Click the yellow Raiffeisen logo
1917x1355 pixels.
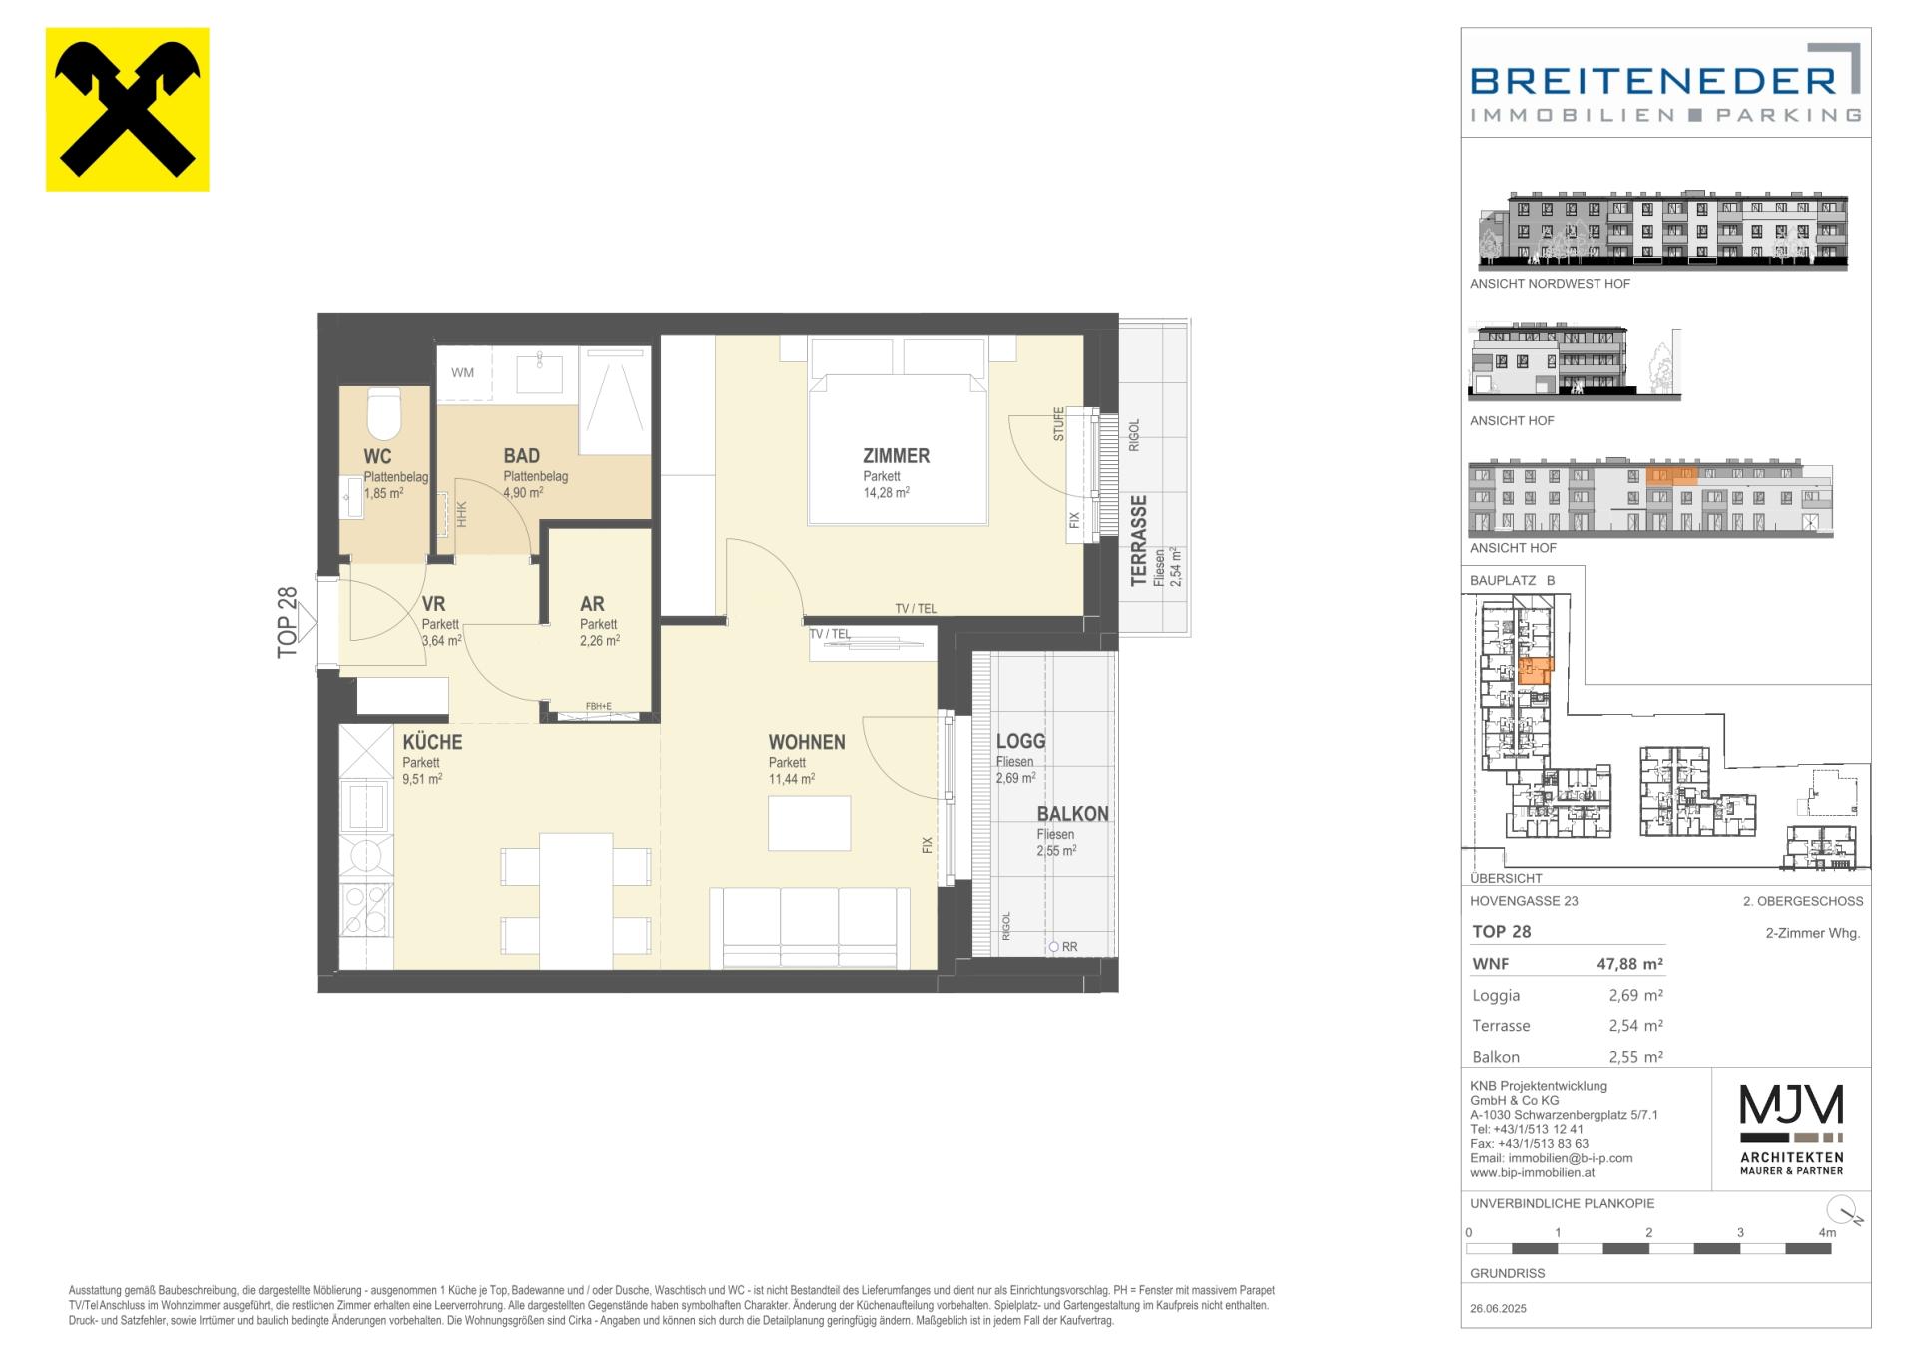pos(127,109)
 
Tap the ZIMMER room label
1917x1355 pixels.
pos(896,456)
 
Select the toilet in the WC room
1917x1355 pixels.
pos(384,413)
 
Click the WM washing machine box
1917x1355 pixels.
pos(462,373)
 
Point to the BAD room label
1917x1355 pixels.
pos(521,456)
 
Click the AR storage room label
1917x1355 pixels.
pos(592,604)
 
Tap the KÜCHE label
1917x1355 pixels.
pos(432,742)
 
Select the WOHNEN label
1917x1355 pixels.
pos(807,742)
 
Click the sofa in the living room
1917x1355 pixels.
pos(810,927)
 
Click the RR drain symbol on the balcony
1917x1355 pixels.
pos(1054,947)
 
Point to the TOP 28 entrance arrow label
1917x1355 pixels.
pos(288,622)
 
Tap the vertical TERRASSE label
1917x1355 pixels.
pos(1138,541)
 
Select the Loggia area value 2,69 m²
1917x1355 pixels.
pos(1635,995)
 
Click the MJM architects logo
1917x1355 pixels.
pos(1791,1129)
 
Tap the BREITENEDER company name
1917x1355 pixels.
pos(1653,80)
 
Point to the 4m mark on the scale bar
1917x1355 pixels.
pos(1827,1233)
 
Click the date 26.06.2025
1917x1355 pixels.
pos(1498,1308)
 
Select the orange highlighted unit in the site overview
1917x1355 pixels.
pos(1533,669)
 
